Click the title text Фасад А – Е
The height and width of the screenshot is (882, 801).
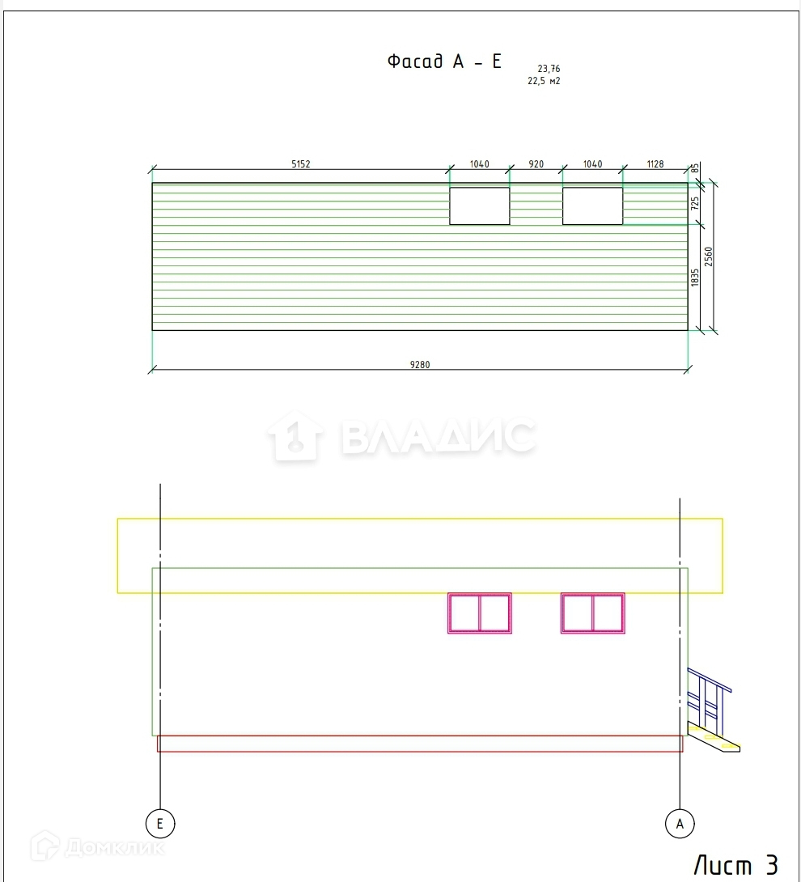pyautogui.click(x=444, y=61)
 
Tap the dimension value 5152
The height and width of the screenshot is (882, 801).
pyautogui.click(x=301, y=163)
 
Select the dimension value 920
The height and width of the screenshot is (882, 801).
pyautogui.click(x=536, y=163)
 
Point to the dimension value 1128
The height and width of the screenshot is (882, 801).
pyautogui.click(x=655, y=163)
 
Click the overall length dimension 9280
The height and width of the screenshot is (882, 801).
pyautogui.click(x=420, y=364)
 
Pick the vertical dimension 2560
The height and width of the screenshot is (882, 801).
pyautogui.click(x=708, y=257)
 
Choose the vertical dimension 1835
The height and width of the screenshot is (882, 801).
pyautogui.click(x=695, y=278)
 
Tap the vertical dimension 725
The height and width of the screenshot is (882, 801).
pyautogui.click(x=695, y=203)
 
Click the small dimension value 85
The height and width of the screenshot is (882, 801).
pyautogui.click(x=695, y=168)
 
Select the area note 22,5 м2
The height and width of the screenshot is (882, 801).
pyautogui.click(x=544, y=81)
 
